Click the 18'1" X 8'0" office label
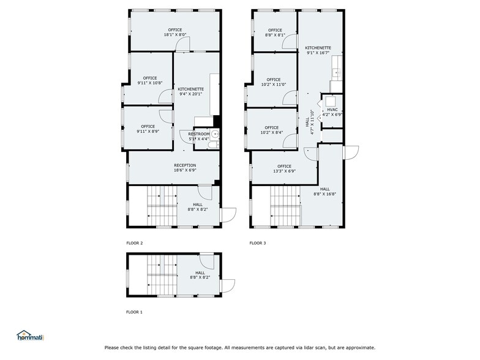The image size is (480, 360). (x=175, y=32)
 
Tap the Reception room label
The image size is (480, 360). (x=185, y=168)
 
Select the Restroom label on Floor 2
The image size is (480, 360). (x=198, y=137)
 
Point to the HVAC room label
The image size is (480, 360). (x=332, y=112)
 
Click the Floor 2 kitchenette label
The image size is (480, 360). (x=191, y=92)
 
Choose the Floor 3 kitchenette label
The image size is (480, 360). (x=318, y=50)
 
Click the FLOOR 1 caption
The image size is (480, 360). (x=134, y=312)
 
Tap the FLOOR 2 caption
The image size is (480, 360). (x=134, y=243)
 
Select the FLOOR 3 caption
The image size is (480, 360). (x=258, y=243)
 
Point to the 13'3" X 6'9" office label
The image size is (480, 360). (x=284, y=168)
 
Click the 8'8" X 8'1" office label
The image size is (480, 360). (x=275, y=32)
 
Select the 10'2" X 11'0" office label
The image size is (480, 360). (x=273, y=82)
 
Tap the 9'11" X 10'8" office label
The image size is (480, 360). (x=149, y=80)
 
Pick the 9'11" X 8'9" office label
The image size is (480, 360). (x=148, y=129)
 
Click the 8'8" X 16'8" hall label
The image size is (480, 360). (x=324, y=192)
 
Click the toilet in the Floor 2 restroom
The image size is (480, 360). (x=216, y=136)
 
